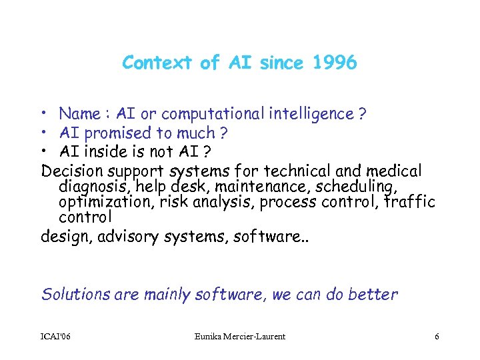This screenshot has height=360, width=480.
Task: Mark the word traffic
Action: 410,203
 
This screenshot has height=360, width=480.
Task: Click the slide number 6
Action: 437,337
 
